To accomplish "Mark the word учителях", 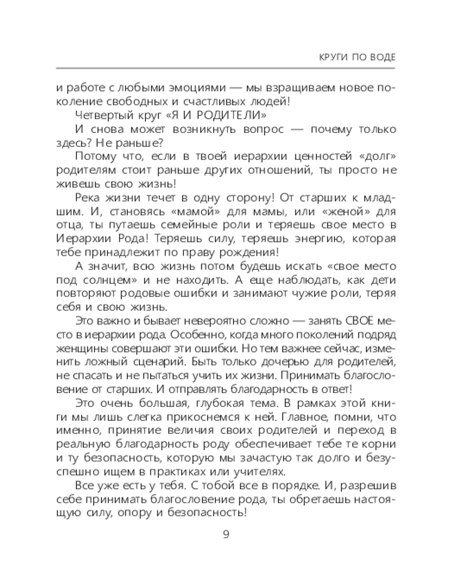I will pos(257,473).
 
